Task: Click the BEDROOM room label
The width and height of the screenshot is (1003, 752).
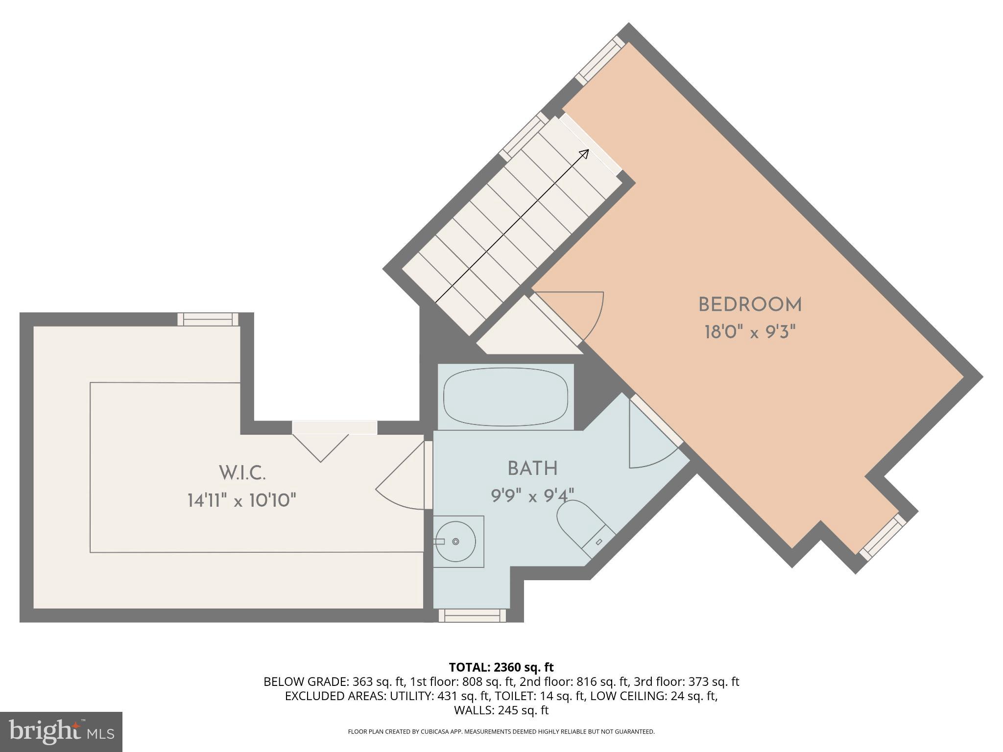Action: click(749, 305)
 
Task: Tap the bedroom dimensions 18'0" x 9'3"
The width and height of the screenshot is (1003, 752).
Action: click(749, 333)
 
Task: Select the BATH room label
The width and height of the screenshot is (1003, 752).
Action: click(532, 469)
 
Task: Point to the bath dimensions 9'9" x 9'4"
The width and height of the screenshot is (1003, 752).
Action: click(532, 496)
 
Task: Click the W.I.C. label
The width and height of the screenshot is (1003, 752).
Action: click(242, 473)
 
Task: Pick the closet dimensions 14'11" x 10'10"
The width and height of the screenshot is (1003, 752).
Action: click(242, 501)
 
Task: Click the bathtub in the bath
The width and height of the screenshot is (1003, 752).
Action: click(505, 397)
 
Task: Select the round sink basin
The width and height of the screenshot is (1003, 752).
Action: click(456, 541)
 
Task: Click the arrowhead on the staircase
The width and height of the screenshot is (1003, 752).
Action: click(584, 154)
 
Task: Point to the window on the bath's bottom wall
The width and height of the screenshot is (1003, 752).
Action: click(472, 615)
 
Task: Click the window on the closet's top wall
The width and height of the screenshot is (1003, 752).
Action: click(208, 319)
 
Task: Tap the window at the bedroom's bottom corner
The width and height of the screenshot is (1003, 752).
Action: click(883, 538)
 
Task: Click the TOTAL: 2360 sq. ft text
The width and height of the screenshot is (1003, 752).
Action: click(501, 667)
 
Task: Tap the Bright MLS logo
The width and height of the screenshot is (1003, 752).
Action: click(61, 731)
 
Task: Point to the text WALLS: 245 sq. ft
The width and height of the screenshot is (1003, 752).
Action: click(501, 710)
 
